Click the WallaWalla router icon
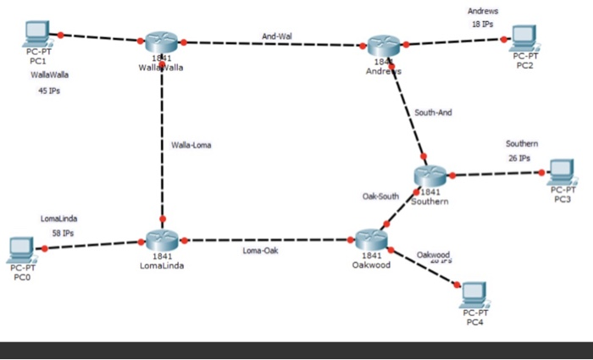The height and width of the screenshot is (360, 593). [159, 44]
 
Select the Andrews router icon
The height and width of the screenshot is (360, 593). [384, 47]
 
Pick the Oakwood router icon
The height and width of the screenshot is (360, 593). [371, 239]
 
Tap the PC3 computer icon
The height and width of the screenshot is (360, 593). [562, 172]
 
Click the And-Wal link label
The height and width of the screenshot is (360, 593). [276, 36]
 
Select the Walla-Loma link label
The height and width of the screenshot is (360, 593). [191, 145]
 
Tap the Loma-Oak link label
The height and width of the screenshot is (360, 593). [259, 251]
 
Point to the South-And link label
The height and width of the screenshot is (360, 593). [433, 112]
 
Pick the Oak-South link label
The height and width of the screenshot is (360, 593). [380, 196]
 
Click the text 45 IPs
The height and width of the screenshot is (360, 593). [49, 92]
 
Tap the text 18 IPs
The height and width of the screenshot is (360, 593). [483, 25]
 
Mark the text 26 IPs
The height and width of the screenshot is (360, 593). [518, 158]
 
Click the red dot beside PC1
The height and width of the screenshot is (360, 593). [61, 35]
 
